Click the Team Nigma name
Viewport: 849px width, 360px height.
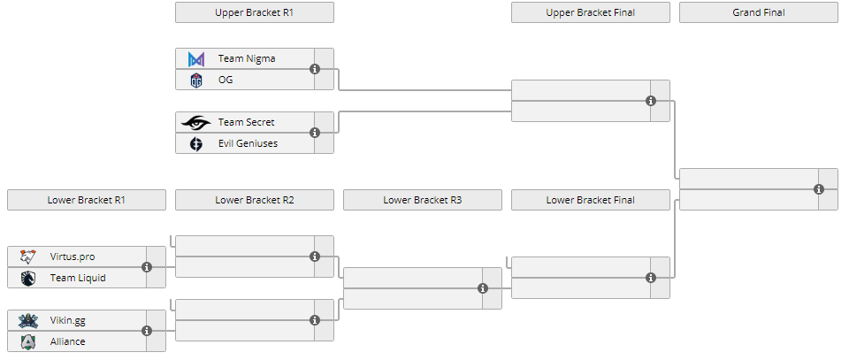[247, 58]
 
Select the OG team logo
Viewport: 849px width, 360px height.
[196, 80]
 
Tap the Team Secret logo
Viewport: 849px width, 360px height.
[196, 122]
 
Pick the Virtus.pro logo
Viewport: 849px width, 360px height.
[28, 257]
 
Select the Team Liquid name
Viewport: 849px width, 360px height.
[78, 278]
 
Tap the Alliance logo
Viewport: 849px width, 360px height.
[28, 341]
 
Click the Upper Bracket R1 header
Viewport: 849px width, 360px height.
[255, 12]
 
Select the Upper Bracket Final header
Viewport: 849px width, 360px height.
[591, 12]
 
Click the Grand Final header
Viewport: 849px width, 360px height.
[759, 12]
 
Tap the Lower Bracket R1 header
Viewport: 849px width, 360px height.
[87, 200]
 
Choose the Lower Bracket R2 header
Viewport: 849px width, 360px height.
[255, 200]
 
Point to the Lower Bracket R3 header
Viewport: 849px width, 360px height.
[423, 200]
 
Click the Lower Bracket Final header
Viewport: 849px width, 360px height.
[591, 200]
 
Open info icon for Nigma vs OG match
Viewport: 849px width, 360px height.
[315, 69]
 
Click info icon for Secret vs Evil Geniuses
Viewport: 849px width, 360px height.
[315, 133]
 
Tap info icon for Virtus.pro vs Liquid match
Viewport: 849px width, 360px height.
[147, 267]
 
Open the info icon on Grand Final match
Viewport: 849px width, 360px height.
[819, 189]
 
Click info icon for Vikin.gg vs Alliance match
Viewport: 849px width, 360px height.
[147, 331]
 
